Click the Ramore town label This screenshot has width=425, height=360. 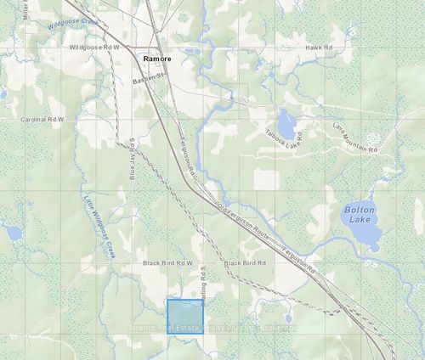click(158, 59)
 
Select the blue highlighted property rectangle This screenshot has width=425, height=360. click(184, 317)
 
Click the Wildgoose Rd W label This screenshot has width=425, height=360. click(95, 48)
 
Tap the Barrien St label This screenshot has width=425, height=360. click(152, 79)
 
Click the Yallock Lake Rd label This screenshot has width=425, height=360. click(282, 138)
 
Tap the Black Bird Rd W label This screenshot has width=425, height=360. click(168, 263)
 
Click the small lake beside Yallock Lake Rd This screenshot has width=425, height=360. click(286, 124)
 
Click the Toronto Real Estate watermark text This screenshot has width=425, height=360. click(212, 327)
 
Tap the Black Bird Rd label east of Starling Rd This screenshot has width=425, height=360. click(245, 263)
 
